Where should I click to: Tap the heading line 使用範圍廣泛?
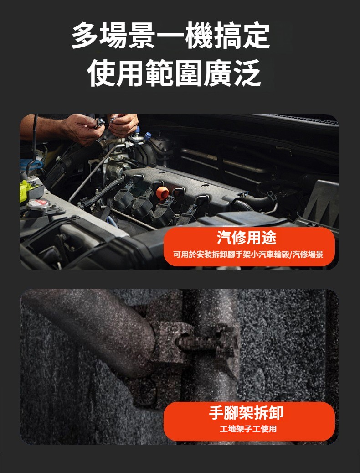[x=174, y=73]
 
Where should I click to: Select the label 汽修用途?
[x=247, y=238]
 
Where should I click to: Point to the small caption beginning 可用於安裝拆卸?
[x=248, y=255]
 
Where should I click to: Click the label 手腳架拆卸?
[x=247, y=413]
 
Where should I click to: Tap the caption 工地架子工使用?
[x=248, y=429]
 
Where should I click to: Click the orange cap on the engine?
[x=162, y=192]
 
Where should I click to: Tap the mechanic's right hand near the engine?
[x=83, y=129]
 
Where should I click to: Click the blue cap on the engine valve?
[x=147, y=136]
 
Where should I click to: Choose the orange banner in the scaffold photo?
[x=249, y=421]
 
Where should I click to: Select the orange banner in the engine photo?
[x=249, y=246]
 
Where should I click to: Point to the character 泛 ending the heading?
[x=247, y=73]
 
